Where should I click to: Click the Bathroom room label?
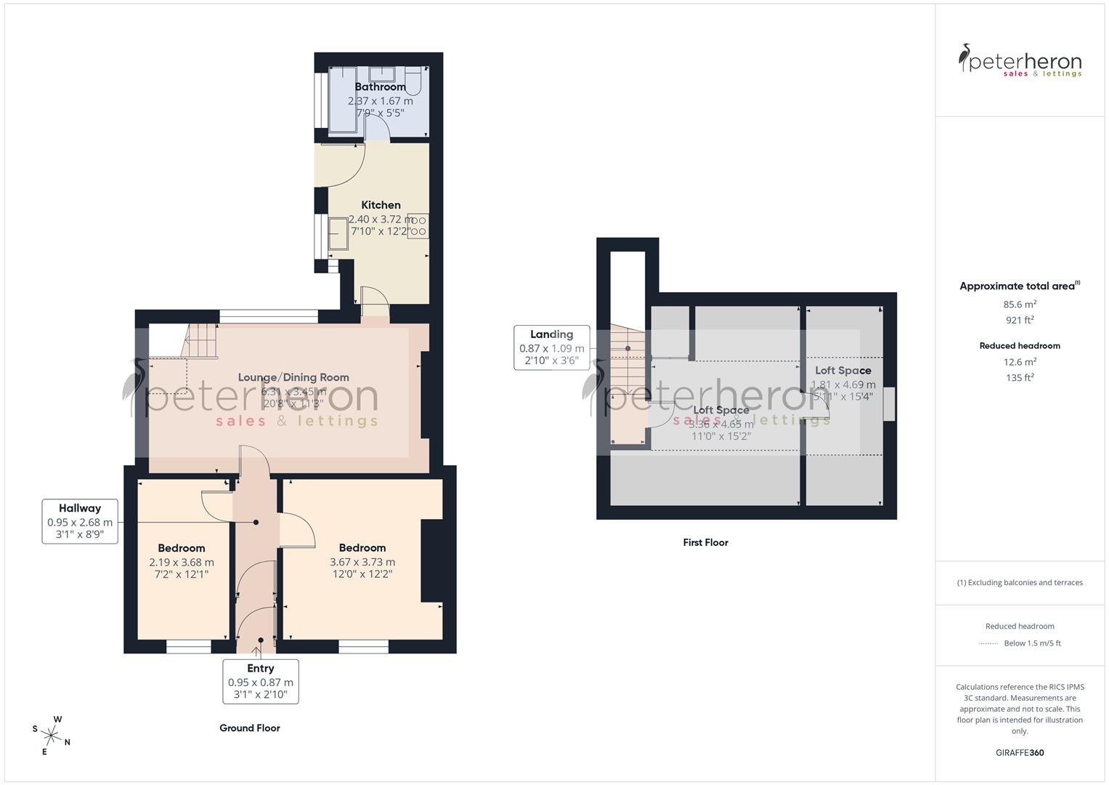pyautogui.click(x=380, y=87)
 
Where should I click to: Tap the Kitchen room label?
pyautogui.click(x=381, y=205)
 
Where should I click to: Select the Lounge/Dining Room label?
pyautogui.click(x=293, y=377)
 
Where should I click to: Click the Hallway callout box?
pyautogui.click(x=80, y=522)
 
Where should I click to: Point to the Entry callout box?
pyautogui.click(x=260, y=682)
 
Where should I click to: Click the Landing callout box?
pyautogui.click(x=551, y=348)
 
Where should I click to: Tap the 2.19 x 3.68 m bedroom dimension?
pyautogui.click(x=182, y=562)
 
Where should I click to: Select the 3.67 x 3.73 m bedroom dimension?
pyautogui.click(x=362, y=562)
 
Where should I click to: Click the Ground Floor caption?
pyautogui.click(x=250, y=728)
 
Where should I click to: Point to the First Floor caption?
pyautogui.click(x=705, y=542)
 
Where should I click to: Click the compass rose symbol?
pyautogui.click(x=51, y=734)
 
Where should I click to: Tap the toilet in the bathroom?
pyautogui.click(x=415, y=83)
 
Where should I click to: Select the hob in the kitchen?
pyautogui.click(x=418, y=225)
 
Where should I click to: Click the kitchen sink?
pyautogui.click(x=338, y=233)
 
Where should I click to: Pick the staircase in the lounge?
pyautogui.click(x=201, y=341)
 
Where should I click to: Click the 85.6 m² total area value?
pyautogui.click(x=1020, y=305)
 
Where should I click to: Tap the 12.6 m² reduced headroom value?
pyautogui.click(x=1020, y=361)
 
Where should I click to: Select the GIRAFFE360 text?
pyautogui.click(x=1020, y=752)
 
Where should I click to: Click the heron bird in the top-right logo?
pyautogui.click(x=964, y=58)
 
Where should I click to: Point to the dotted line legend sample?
pyautogui.click(x=989, y=643)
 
